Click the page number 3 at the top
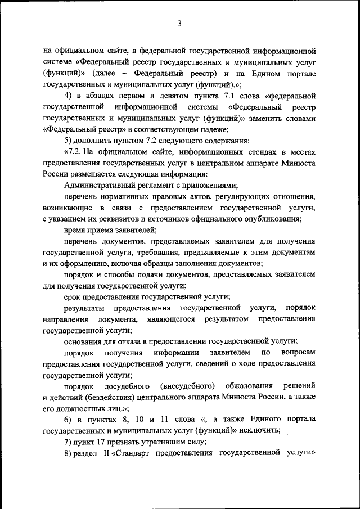179,23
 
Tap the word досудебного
127,386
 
